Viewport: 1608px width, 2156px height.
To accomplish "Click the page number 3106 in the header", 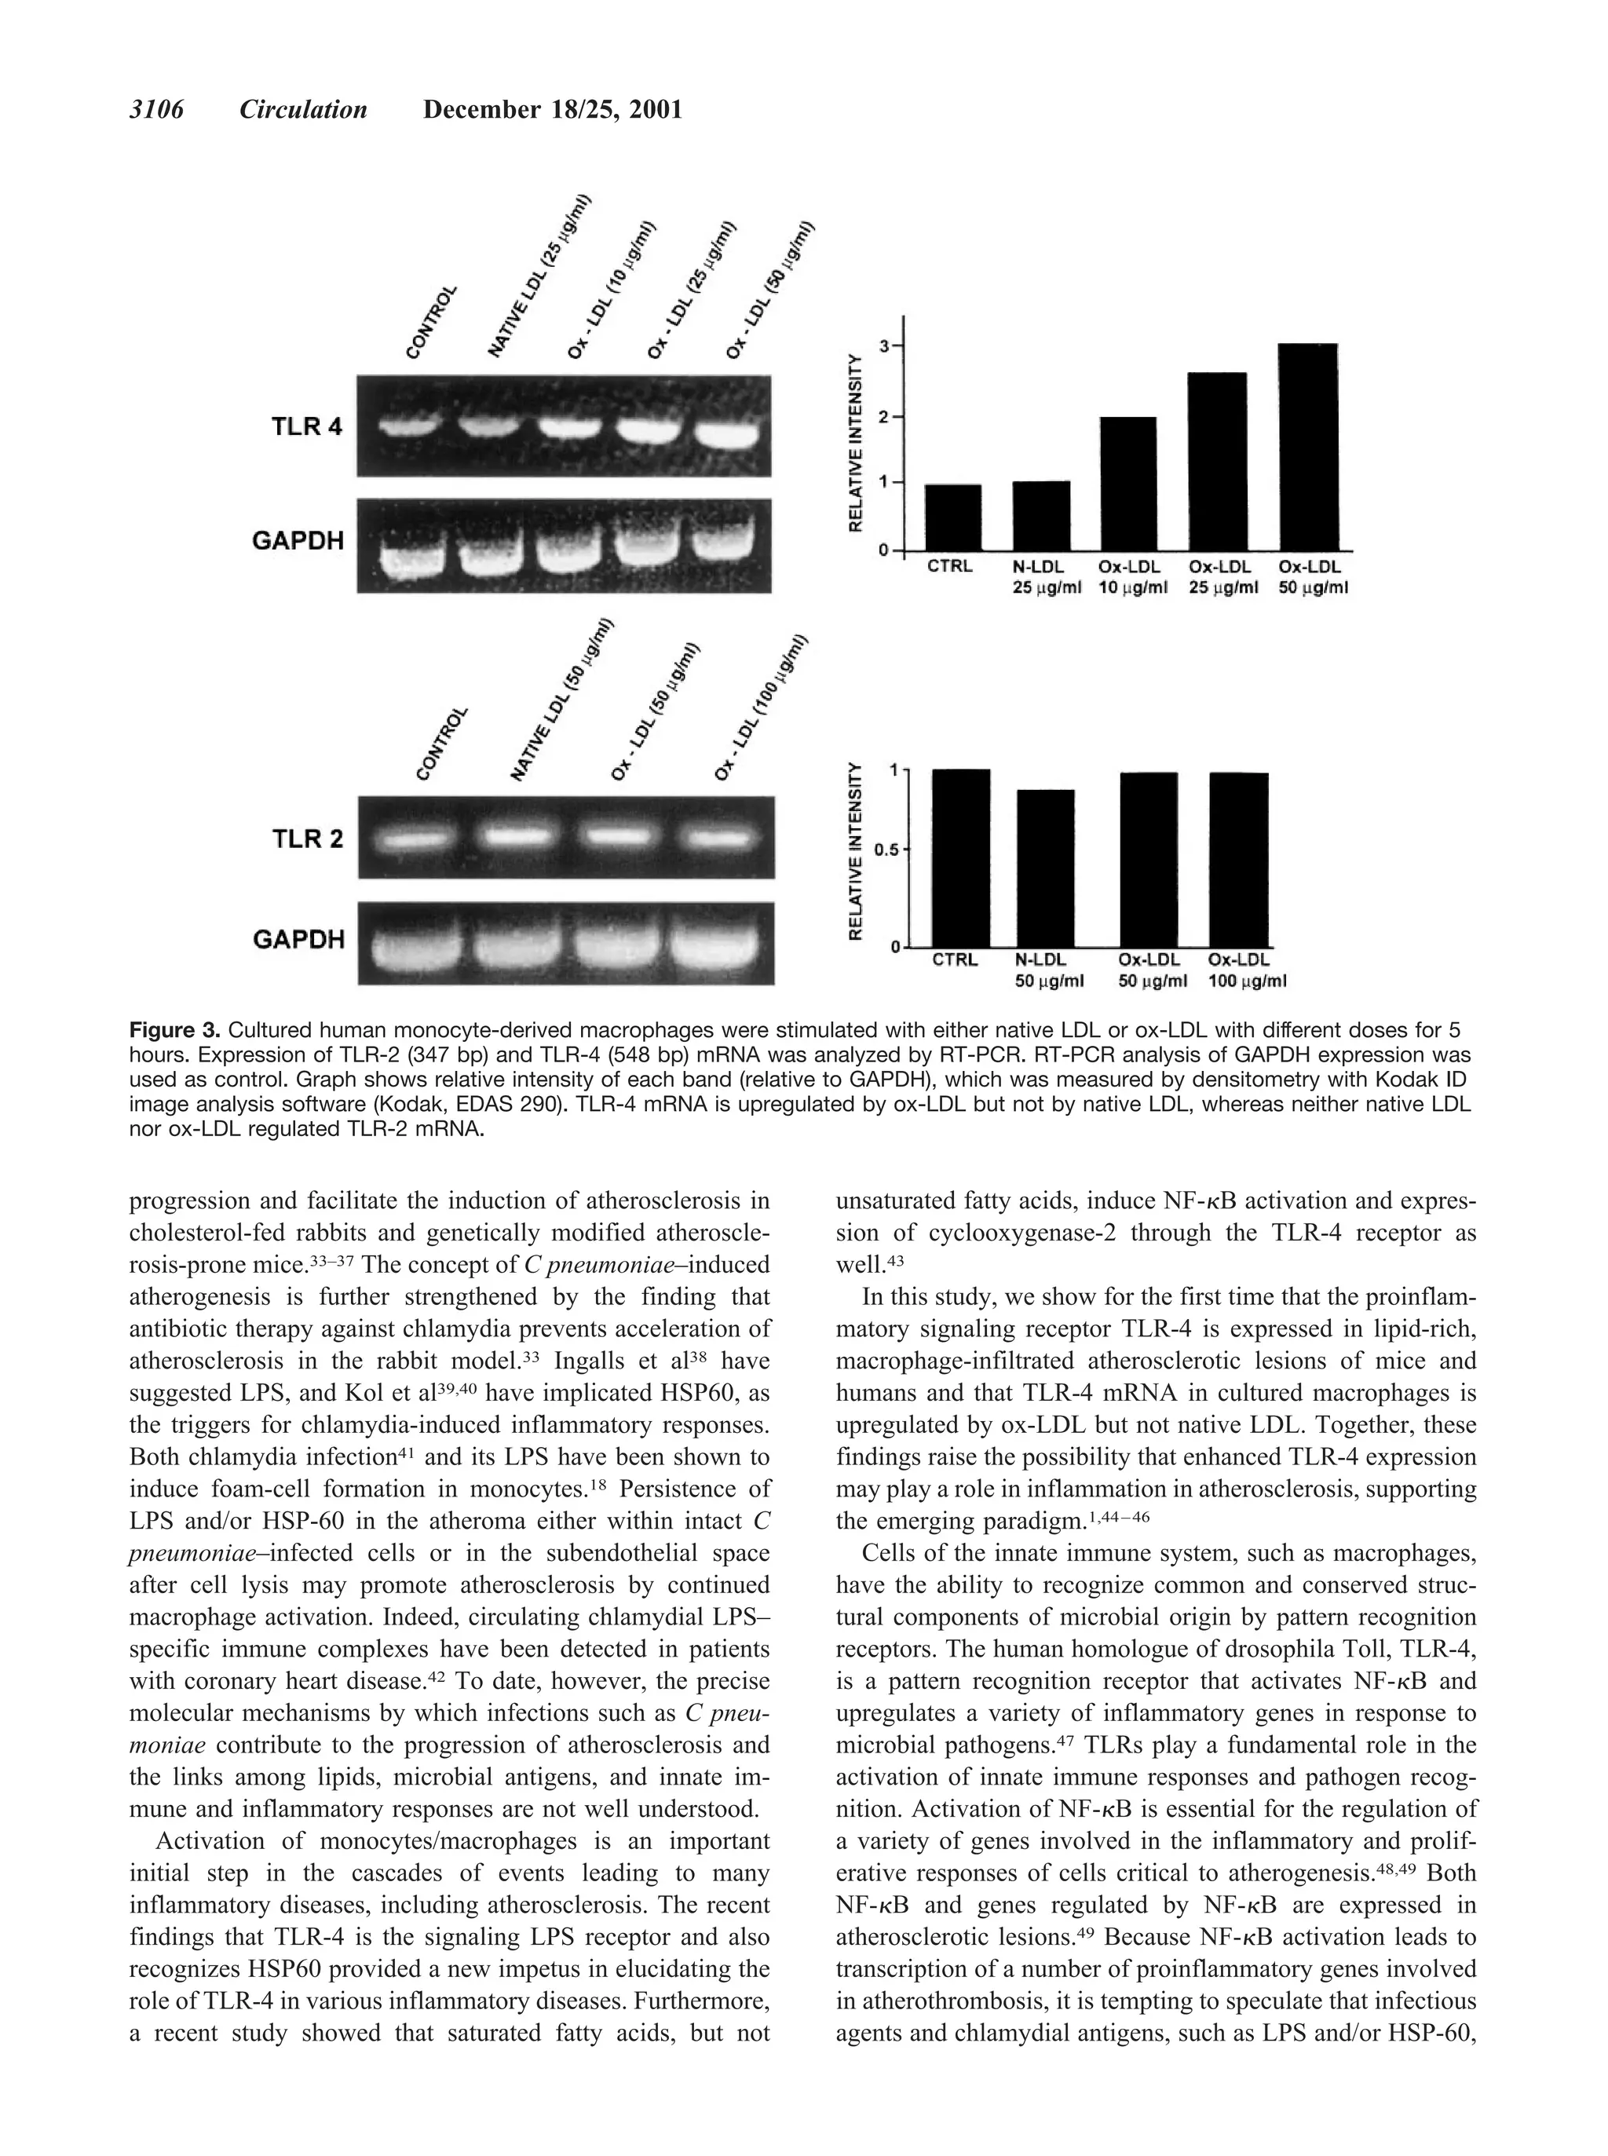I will tap(157, 110).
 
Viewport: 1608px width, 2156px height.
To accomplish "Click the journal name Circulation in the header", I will tap(303, 110).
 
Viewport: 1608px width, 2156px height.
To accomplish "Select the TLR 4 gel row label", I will tap(305, 426).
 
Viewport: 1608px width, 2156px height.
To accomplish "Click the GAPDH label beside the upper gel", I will tap(298, 540).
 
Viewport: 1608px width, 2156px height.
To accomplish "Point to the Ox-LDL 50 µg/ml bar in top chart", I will tap(1307, 448).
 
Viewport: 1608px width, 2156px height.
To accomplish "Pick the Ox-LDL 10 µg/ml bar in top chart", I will tap(1128, 484).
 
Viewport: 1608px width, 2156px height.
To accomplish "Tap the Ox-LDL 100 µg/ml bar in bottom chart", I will tap(1238, 860).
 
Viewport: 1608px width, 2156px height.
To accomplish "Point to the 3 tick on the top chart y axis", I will tap(885, 345).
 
